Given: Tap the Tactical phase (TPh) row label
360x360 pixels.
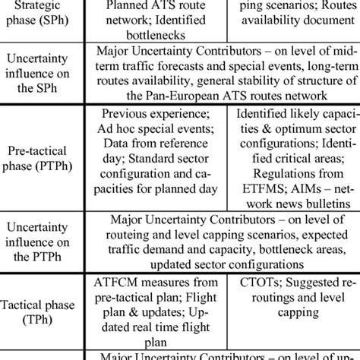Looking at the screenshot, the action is point(44,312).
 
